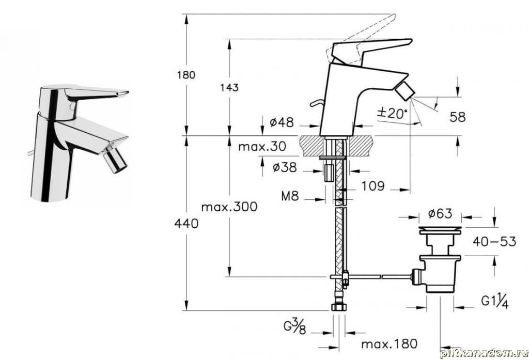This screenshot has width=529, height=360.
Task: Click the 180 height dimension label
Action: pos(186,75)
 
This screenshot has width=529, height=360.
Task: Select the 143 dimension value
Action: pos(229,87)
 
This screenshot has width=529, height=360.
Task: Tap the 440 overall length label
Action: pos(186,224)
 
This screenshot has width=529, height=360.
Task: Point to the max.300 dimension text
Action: pos(229,208)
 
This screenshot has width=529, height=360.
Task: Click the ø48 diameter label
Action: pos(282,122)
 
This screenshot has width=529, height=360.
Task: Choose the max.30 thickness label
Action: pos(262,147)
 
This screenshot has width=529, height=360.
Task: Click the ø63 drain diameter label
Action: pos(440,213)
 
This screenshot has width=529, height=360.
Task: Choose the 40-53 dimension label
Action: pos(494,241)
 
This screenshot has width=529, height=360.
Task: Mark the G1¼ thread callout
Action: pos(495,301)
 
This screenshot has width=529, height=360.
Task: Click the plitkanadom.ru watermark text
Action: pos(484,353)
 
